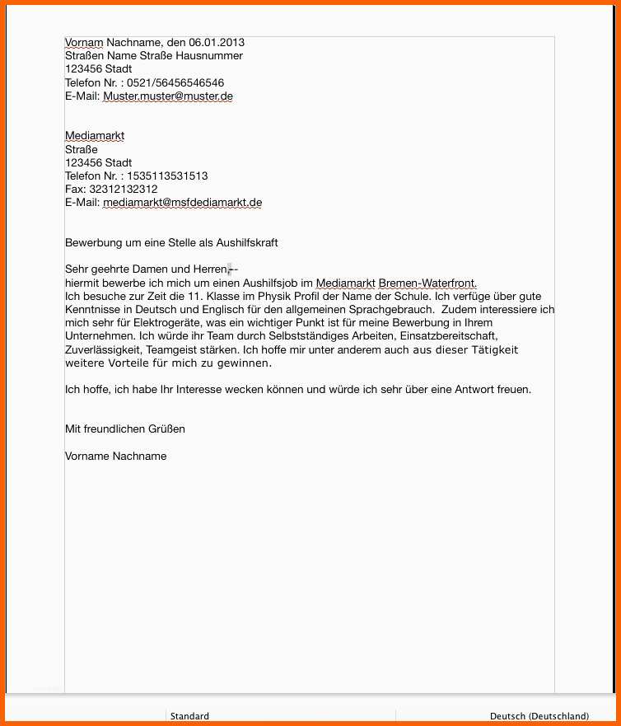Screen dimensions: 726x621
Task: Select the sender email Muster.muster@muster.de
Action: pyautogui.click(x=168, y=96)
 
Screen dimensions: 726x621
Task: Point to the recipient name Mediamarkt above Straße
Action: pyautogui.click(x=95, y=136)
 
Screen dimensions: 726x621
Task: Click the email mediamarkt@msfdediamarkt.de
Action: pyautogui.click(x=182, y=203)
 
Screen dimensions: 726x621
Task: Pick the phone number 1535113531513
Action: pyautogui.click(x=167, y=176)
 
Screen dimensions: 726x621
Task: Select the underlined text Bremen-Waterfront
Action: pyautogui.click(x=427, y=283)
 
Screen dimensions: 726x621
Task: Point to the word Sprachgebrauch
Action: pyautogui.click(x=386, y=310)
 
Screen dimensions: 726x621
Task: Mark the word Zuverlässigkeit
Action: pyautogui.click(x=102, y=350)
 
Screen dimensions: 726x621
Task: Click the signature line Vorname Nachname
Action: pyautogui.click(x=115, y=457)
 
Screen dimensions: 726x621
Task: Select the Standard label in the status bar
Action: pyautogui.click(x=189, y=716)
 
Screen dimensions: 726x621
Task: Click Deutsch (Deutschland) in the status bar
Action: pyautogui.click(x=539, y=716)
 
